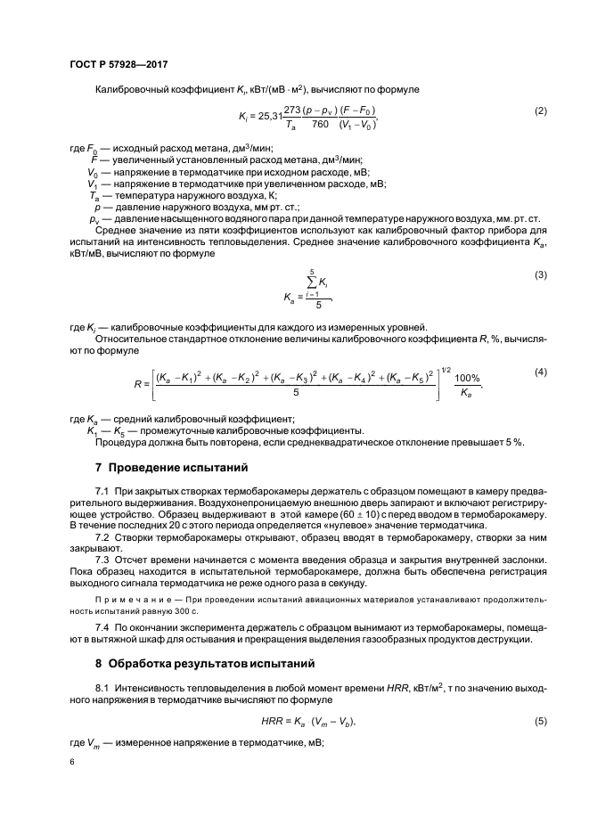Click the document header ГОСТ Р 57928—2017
[119, 65]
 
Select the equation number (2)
[540, 111]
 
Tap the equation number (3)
[540, 275]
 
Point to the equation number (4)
[540, 370]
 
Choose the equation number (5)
[540, 721]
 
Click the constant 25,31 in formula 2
[266, 116]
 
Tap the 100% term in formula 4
[467, 378]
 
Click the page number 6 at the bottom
[72, 763]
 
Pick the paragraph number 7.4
[102, 628]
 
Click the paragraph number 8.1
[102, 690]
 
